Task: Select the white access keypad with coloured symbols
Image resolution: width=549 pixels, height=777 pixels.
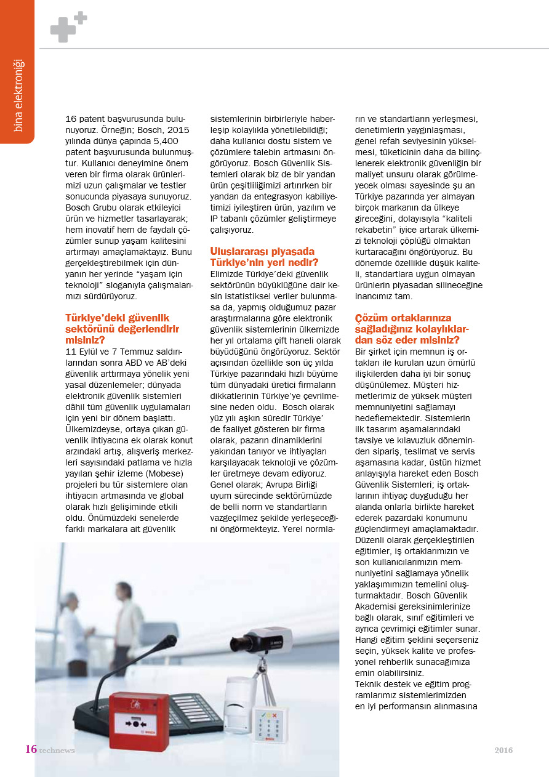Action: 270,725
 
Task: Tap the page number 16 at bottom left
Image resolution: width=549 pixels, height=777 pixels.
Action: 31,749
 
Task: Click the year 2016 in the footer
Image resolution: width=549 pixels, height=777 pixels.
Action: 503,750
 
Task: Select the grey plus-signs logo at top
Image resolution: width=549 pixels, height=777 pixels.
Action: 68,27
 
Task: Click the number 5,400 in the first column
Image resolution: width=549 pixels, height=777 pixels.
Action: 174,142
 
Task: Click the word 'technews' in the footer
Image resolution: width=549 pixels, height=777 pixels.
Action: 57,750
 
